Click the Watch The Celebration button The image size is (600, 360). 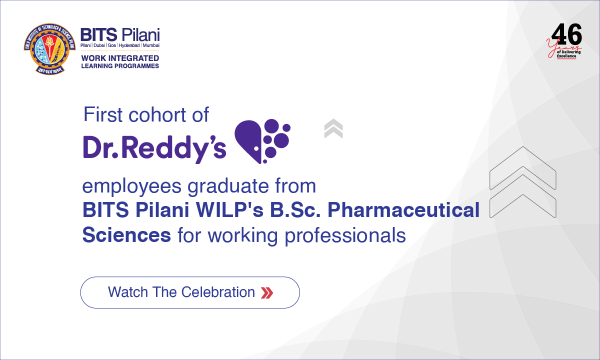click(x=190, y=292)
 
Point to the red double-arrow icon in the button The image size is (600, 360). click(x=267, y=292)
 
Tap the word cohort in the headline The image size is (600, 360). click(x=153, y=114)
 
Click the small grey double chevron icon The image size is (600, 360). click(x=333, y=128)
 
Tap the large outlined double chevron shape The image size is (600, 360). click(x=522, y=182)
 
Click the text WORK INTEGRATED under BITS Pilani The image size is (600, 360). click(x=120, y=58)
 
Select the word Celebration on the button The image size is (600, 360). click(x=218, y=292)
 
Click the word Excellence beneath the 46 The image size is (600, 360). click(x=566, y=56)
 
